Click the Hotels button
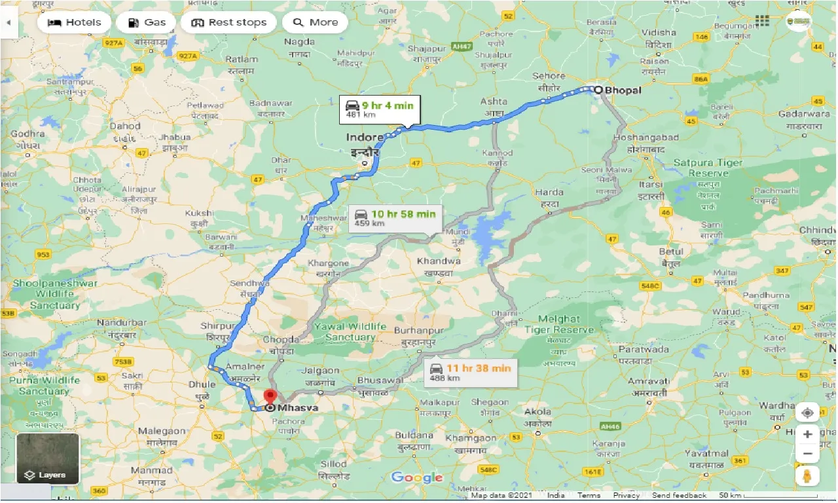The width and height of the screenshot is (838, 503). [74, 22]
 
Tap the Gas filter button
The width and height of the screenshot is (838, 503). [146, 22]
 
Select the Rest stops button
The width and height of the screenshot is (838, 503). [228, 22]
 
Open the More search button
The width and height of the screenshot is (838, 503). [315, 22]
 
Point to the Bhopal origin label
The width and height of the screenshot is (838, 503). [623, 90]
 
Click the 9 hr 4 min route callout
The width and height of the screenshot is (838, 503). [380, 109]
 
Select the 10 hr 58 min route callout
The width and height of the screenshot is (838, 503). [395, 218]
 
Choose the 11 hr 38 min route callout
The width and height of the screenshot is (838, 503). [470, 373]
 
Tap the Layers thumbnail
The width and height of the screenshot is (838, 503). [48, 458]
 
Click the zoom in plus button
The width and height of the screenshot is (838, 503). [808, 434]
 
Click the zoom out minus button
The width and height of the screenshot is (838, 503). [808, 453]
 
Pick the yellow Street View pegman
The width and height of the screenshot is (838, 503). [808, 476]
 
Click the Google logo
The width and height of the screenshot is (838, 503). [416, 477]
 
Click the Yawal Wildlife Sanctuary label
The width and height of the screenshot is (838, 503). [350, 331]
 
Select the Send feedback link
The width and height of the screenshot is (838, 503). [679, 496]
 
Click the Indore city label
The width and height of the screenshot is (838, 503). [365, 137]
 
